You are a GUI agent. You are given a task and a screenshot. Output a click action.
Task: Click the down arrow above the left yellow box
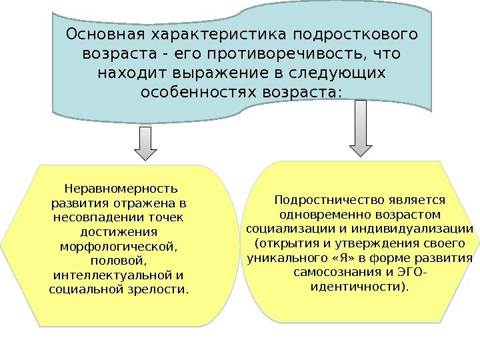tap(145, 143)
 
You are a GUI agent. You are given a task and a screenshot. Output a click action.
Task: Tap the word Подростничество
tap(327, 199)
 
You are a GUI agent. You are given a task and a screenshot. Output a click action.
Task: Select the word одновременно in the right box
tap(319, 214)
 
